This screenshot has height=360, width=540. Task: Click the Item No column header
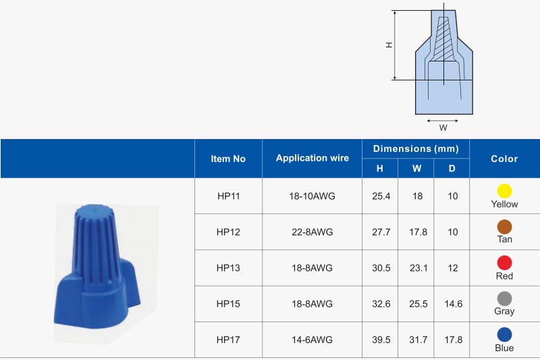[228, 159]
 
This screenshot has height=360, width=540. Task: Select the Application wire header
[312, 158]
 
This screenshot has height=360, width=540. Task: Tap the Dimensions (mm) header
[416, 149]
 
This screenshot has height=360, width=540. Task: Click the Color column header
[504, 159]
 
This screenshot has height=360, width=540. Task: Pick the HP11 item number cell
[228, 196]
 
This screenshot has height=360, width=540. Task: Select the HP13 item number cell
[228, 267]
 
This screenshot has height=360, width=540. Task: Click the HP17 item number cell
[228, 340]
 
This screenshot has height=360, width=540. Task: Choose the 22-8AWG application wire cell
[312, 232]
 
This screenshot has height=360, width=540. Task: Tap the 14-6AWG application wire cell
[312, 340]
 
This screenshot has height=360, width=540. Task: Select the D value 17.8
[452, 340]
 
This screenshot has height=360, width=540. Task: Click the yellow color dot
[504, 190]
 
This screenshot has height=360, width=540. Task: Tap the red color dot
[504, 263]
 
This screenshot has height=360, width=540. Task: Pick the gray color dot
[504, 299]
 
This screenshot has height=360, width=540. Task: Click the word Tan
[504, 240]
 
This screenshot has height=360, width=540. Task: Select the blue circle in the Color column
[504, 334]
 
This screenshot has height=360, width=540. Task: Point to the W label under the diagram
[443, 127]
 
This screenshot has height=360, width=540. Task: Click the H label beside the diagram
[389, 45]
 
